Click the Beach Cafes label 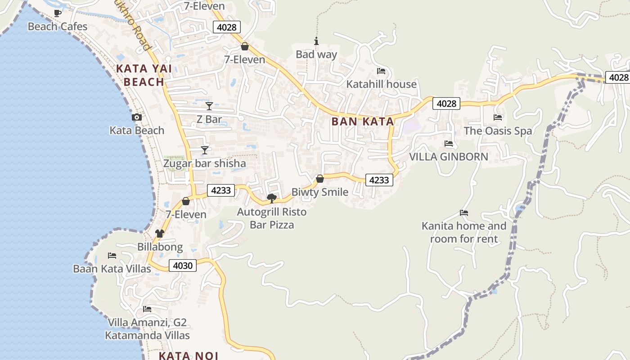(x=58, y=27)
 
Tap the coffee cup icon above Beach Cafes (x=57, y=13)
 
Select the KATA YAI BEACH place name (x=144, y=75)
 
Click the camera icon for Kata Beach (x=137, y=117)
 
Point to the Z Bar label (x=209, y=119)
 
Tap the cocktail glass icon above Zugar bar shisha (x=205, y=150)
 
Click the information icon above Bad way (x=316, y=41)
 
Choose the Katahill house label (x=381, y=84)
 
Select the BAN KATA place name (x=362, y=121)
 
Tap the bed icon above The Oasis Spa (x=498, y=117)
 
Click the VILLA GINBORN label (x=448, y=157)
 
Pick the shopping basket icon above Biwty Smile (x=320, y=179)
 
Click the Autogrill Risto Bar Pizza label (x=272, y=218)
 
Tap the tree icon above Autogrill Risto (x=272, y=198)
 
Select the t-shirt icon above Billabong (x=160, y=234)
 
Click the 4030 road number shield (x=183, y=265)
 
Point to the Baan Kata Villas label (x=112, y=269)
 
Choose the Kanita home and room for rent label (x=464, y=232)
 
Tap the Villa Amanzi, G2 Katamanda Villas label (x=147, y=329)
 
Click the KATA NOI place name (x=188, y=355)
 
